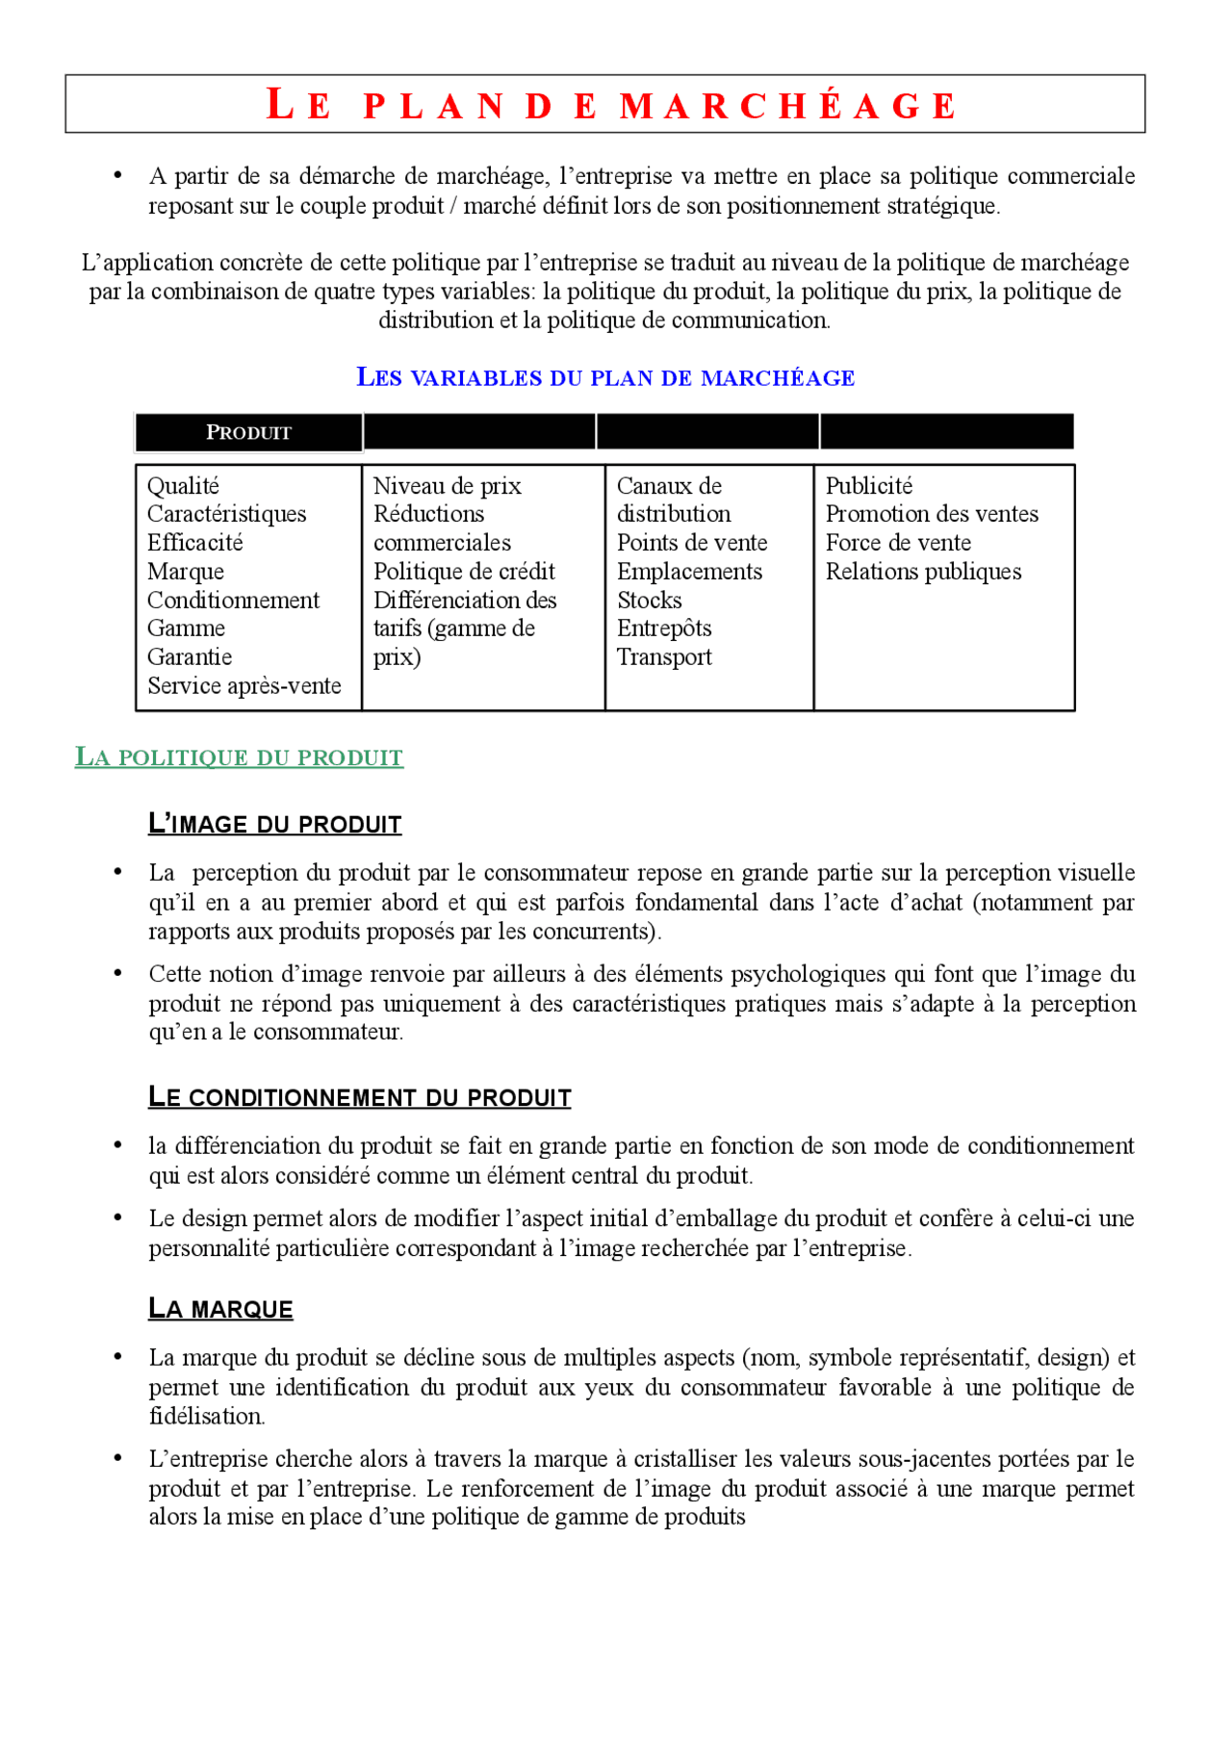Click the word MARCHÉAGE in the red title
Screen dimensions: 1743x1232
tap(787, 106)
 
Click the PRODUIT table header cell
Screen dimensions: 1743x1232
tap(248, 433)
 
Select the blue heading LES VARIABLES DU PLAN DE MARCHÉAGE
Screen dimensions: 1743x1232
tap(605, 377)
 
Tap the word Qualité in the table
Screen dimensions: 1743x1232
tap(183, 486)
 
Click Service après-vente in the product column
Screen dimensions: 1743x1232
tap(244, 686)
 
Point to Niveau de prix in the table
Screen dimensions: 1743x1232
tap(447, 486)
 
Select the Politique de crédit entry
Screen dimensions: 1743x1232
tap(464, 572)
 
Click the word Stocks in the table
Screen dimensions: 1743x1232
tap(649, 601)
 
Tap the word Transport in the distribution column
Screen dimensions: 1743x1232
tap(664, 657)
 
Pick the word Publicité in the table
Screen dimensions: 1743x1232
tap(868, 486)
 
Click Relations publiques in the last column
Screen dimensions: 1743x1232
tap(923, 572)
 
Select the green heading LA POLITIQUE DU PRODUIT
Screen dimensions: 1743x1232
tap(239, 757)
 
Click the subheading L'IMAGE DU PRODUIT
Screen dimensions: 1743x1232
tap(274, 825)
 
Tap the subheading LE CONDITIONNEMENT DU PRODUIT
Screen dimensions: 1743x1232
tap(359, 1098)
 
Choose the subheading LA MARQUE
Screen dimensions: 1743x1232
tap(220, 1309)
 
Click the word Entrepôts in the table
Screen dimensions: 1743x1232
tap(664, 628)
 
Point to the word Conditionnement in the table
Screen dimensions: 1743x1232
tap(233, 601)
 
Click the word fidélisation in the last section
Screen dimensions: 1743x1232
tap(205, 1417)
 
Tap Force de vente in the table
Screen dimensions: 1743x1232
tap(898, 543)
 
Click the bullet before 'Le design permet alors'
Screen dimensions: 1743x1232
tap(117, 1218)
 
